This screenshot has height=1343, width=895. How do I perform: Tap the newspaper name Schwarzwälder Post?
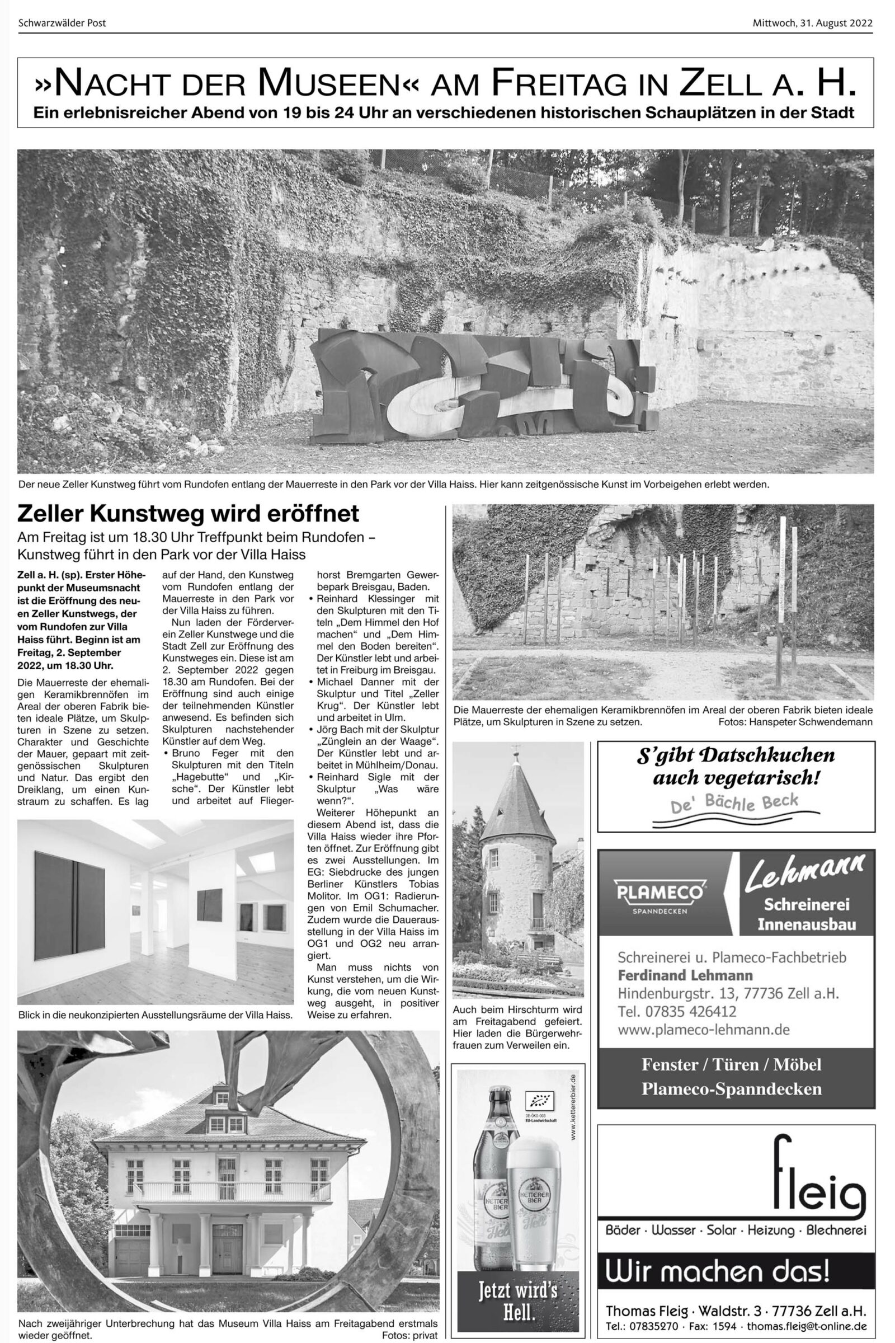point(62,24)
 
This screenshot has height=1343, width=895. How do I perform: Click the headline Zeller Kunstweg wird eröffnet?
point(189,514)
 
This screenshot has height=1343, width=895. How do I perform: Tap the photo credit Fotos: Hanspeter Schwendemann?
point(795,722)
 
